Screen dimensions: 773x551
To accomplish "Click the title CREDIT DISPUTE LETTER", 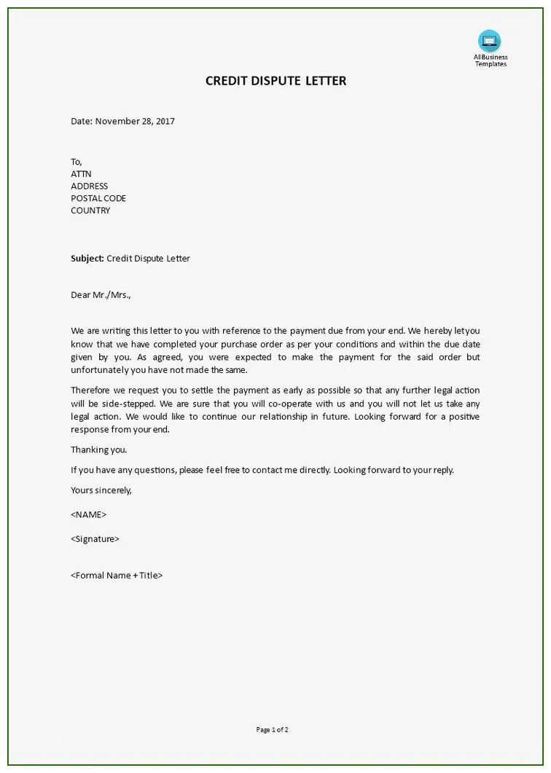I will (275, 81).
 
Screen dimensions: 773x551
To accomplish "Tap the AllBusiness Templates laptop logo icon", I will (489, 41).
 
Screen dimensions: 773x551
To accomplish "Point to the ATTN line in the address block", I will (80, 174).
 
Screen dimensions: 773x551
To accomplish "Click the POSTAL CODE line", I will (98, 198).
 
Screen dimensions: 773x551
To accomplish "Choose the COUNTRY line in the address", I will (90, 211).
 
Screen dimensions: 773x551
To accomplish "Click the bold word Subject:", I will (87, 259).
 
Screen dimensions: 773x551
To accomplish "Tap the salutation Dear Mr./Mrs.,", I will (101, 295).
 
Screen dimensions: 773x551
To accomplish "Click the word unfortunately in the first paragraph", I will (98, 370).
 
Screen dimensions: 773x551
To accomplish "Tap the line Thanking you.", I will (98, 450).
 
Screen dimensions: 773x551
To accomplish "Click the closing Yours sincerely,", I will (101, 490).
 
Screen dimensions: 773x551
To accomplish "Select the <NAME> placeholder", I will (88, 514).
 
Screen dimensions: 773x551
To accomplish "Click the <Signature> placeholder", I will (95, 539).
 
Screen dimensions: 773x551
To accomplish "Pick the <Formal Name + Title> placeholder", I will (117, 576).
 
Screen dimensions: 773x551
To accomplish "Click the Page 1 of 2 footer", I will (273, 729).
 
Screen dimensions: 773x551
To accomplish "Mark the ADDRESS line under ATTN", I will (89, 186).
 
